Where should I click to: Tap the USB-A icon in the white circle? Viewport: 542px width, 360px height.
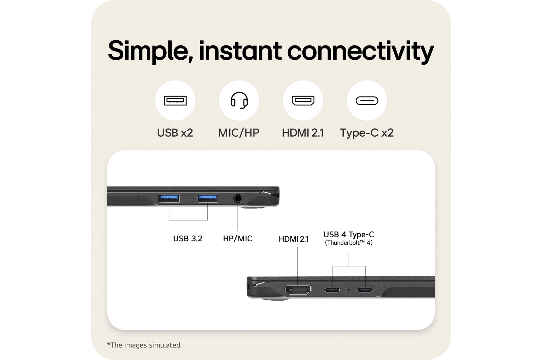[175, 101]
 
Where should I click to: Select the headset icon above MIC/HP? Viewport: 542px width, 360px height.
[239, 100]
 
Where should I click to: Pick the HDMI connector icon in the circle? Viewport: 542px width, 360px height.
[303, 101]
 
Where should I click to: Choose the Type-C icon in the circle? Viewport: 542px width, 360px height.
[367, 101]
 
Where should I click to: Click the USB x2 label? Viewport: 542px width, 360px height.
[175, 133]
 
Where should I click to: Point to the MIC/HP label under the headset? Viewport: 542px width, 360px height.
[239, 133]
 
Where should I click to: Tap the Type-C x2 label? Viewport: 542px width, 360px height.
[367, 133]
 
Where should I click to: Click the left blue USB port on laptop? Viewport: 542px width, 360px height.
[169, 198]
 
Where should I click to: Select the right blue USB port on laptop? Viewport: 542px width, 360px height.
[207, 198]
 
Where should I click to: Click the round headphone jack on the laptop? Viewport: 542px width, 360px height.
[238, 198]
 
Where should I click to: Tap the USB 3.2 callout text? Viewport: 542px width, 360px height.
[188, 239]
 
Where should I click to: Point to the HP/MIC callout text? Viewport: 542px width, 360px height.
[237, 239]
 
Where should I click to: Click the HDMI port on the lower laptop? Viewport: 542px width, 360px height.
[298, 290]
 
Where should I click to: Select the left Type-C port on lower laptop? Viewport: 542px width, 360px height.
[332, 290]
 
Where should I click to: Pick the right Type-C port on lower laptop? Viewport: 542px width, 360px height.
[365, 290]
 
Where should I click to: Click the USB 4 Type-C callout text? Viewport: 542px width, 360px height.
[349, 235]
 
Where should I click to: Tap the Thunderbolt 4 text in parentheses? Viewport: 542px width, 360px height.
[349, 243]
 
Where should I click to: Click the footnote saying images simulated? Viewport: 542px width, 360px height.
[145, 345]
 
